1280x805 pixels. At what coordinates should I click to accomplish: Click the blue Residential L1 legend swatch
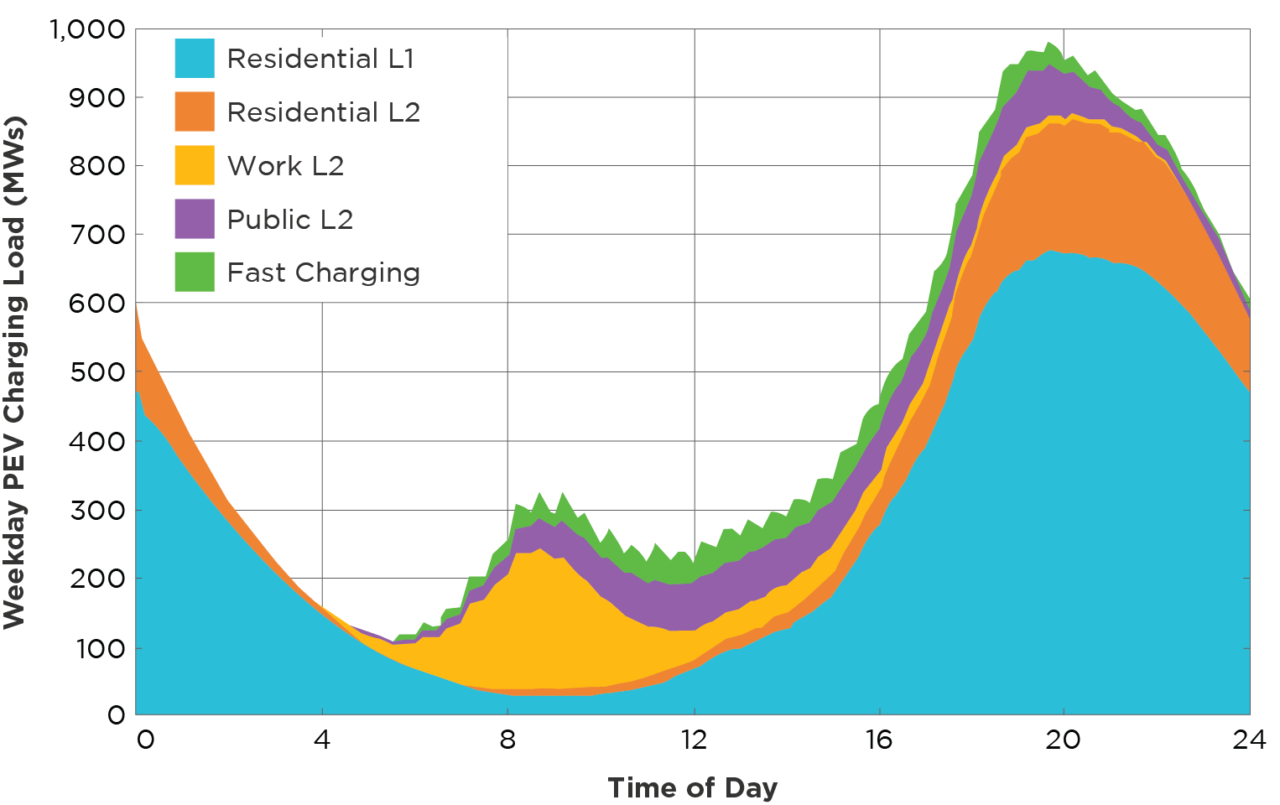195,58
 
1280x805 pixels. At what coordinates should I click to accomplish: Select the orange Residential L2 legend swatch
195,111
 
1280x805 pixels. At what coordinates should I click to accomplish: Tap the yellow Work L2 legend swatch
195,165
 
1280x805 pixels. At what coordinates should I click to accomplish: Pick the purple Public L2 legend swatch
195,219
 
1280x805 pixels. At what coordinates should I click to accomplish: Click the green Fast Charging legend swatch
195,272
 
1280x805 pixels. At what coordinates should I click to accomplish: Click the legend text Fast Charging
323,272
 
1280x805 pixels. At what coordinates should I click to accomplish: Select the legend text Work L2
285,165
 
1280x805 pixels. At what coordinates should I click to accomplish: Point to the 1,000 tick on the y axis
87,31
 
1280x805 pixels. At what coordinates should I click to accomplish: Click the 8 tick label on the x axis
508,741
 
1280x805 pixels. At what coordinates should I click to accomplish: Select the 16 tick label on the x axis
879,741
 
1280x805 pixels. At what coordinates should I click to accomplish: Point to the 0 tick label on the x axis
146,741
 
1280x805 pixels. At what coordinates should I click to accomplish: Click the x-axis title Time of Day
692,787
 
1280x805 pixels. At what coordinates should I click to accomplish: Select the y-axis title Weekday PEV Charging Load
14,372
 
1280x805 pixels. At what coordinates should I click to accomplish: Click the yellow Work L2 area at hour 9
554,620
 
